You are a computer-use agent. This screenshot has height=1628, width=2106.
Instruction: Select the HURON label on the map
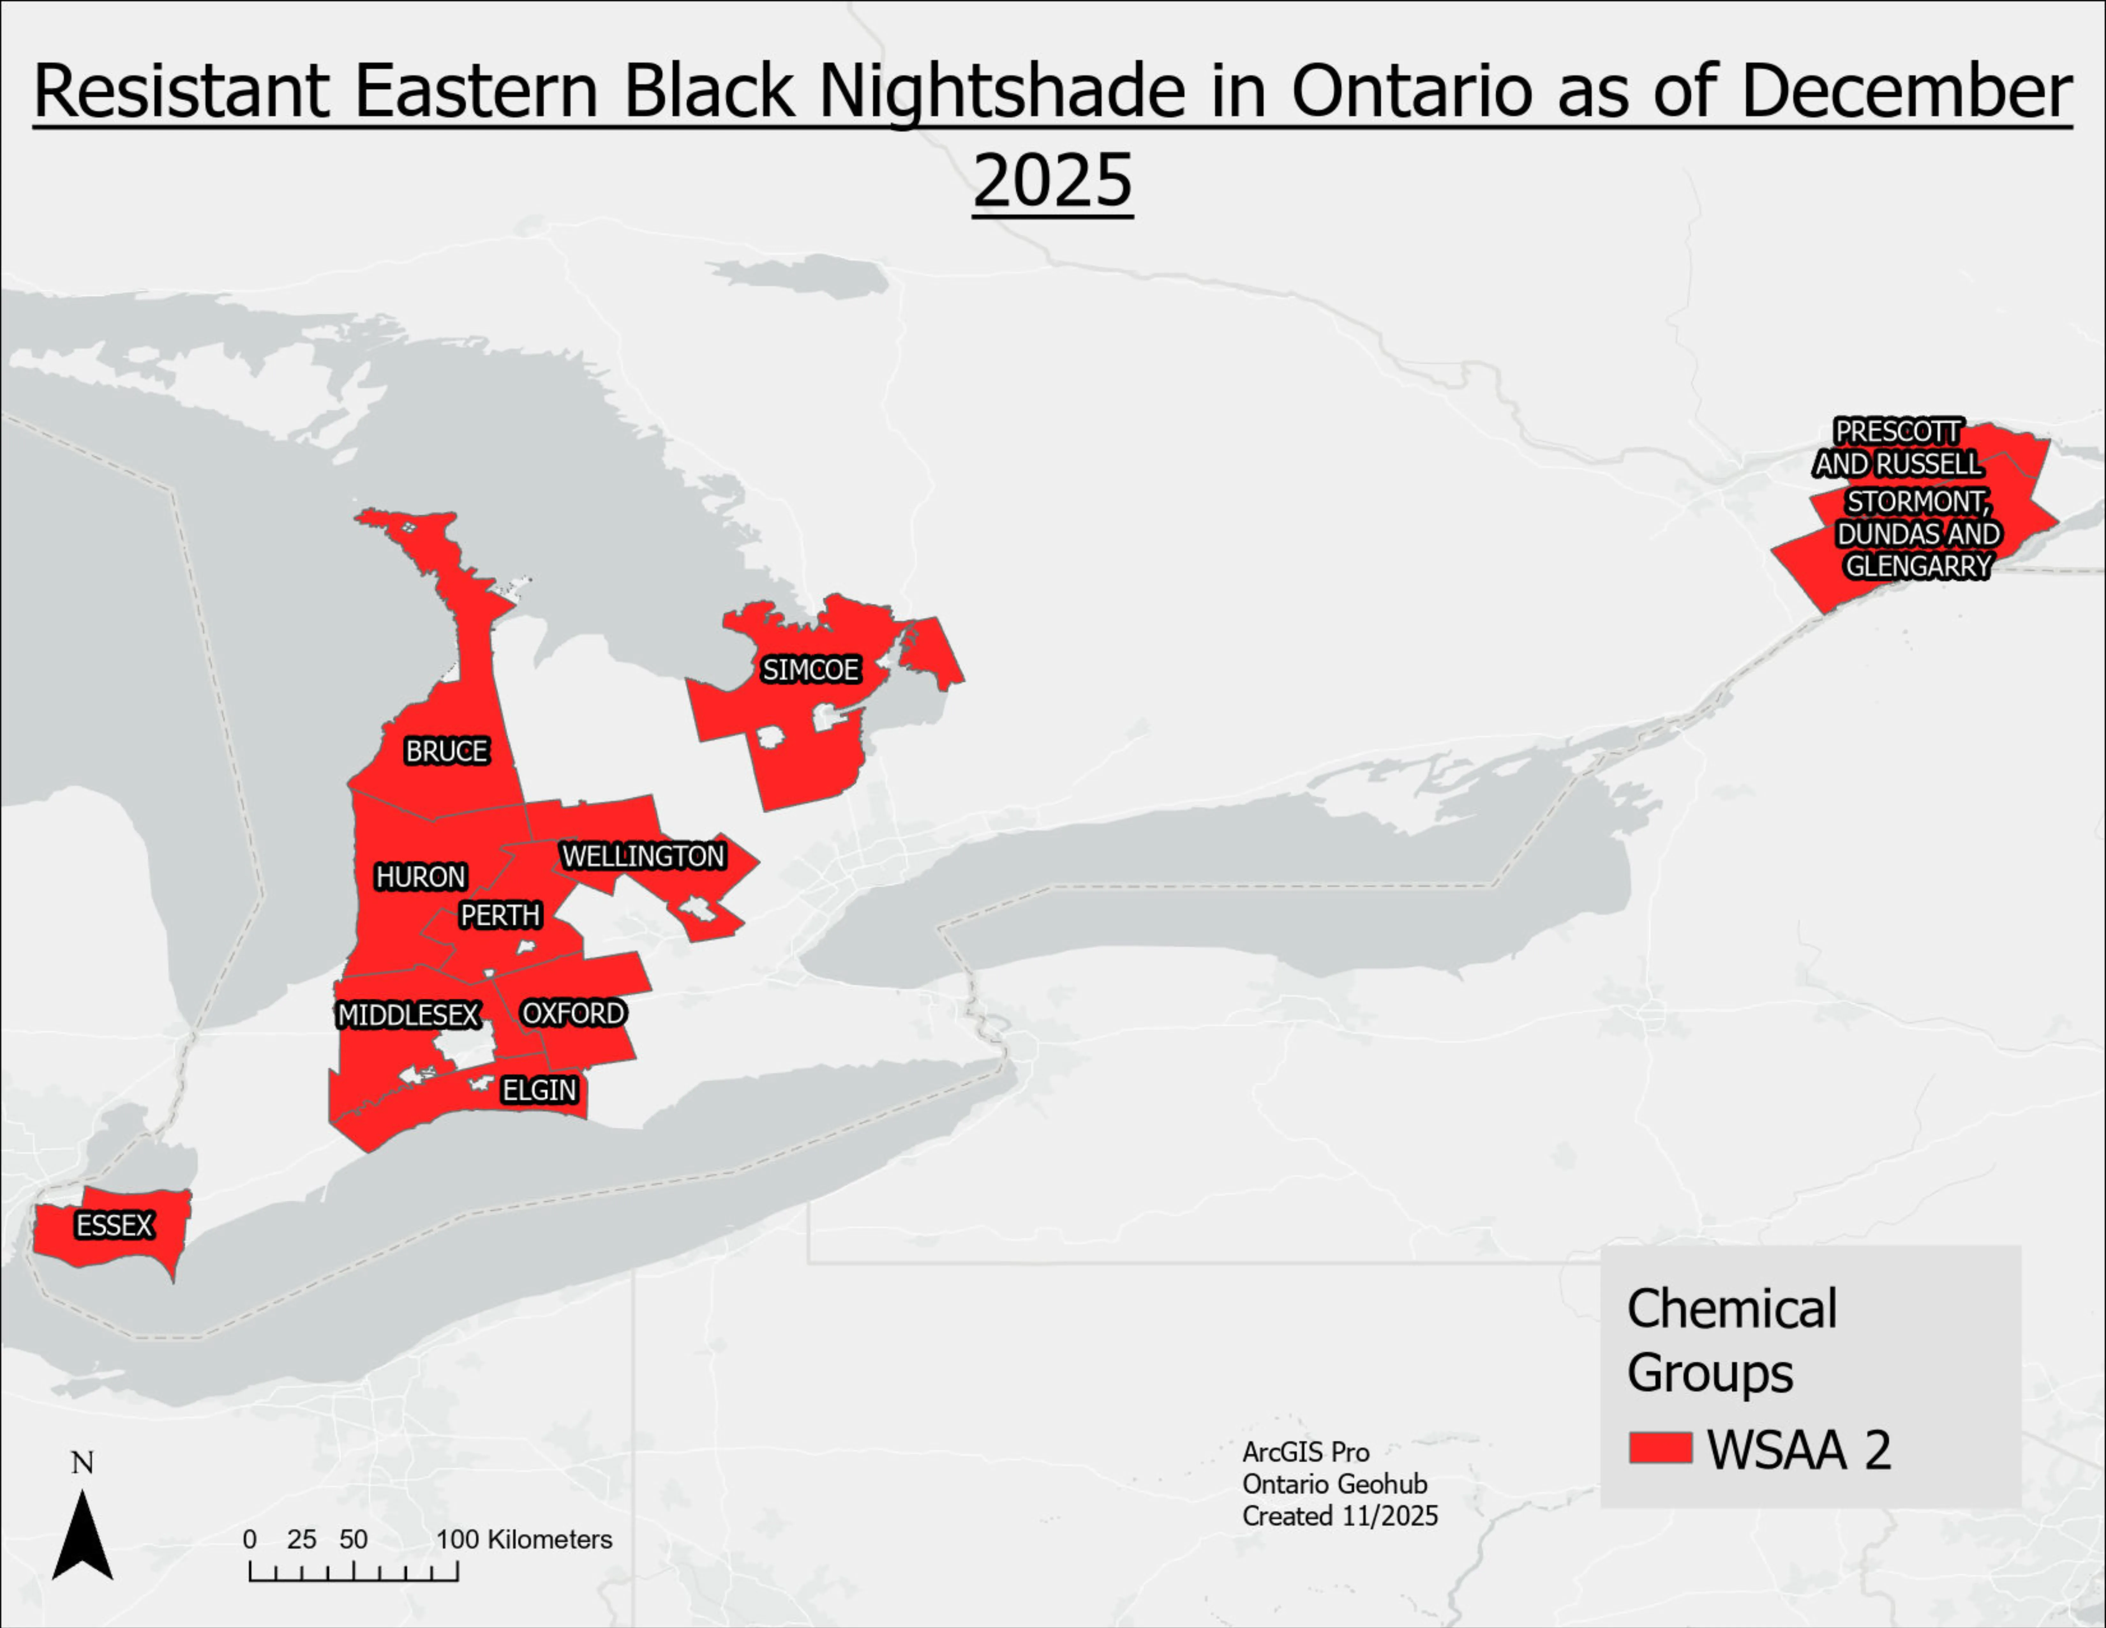[421, 877]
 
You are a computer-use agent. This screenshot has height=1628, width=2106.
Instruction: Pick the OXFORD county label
[573, 1014]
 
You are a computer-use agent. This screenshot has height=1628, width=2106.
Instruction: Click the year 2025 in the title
[1052, 180]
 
